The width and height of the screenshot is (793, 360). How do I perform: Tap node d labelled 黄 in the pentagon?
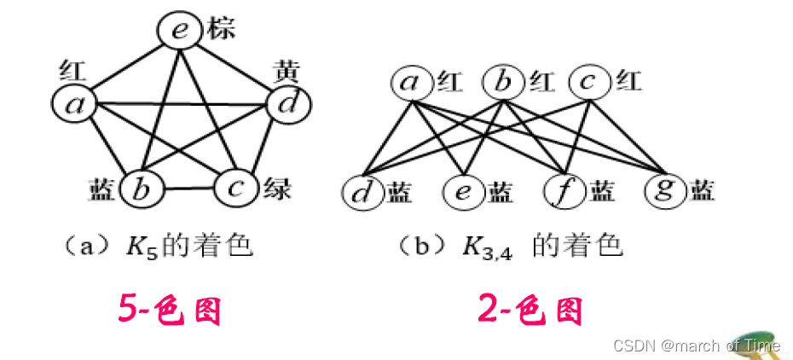click(x=287, y=105)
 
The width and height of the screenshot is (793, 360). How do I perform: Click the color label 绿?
click(x=274, y=188)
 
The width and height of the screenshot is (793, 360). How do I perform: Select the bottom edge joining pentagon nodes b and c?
click(x=188, y=189)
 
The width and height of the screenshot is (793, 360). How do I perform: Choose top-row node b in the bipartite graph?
click(x=503, y=83)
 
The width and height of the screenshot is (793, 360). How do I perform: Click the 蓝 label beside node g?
click(x=703, y=189)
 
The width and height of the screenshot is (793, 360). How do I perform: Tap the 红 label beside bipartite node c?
click(x=630, y=82)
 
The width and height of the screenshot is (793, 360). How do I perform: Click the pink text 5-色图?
click(x=170, y=311)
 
